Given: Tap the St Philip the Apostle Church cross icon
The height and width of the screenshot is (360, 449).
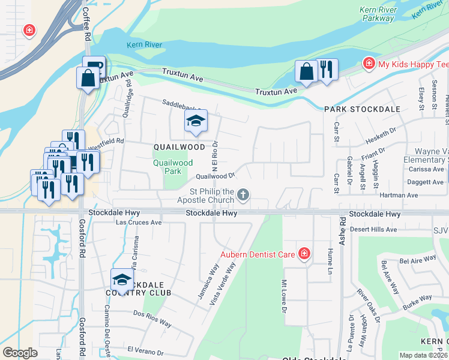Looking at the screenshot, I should [243, 194].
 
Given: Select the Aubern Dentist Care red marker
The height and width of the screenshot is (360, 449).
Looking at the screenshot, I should [304, 254].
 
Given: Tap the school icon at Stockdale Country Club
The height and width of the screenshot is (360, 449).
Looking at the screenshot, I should [122, 280].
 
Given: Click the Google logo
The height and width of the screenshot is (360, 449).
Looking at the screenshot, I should [20, 353].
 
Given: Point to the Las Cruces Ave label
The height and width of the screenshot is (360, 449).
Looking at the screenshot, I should [139, 222].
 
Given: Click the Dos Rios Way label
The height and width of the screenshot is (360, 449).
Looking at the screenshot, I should [152, 319].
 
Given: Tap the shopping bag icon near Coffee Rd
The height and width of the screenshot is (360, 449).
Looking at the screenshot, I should [88, 78].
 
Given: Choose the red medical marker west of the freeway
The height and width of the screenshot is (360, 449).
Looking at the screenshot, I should [28, 30].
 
